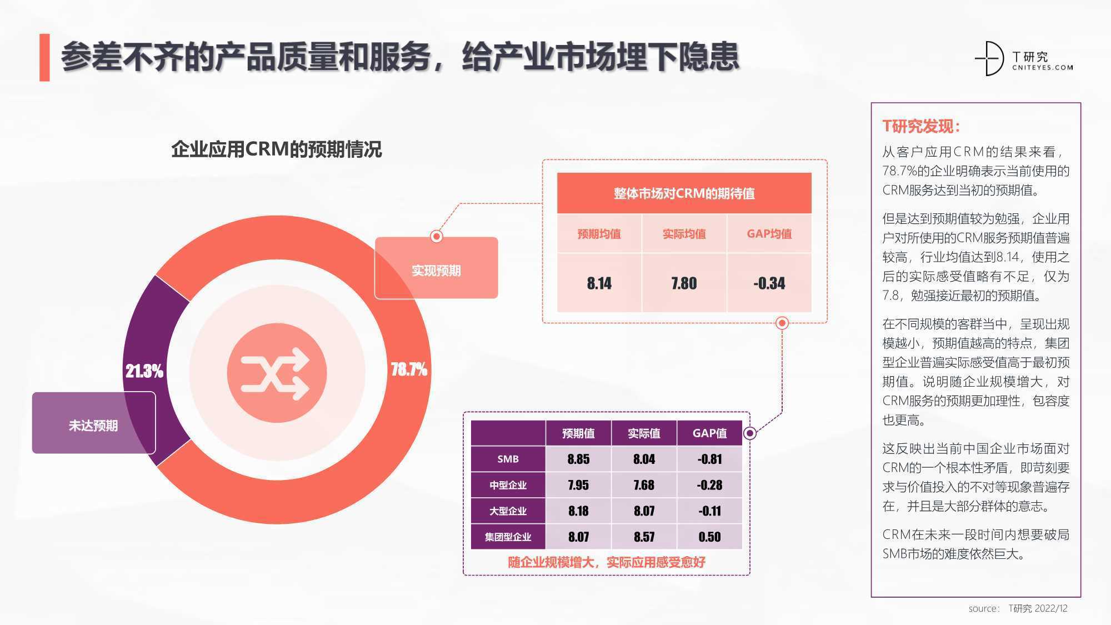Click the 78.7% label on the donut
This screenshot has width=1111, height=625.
tap(409, 369)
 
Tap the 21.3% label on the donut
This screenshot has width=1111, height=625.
tap(144, 371)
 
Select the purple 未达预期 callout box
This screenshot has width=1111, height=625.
tap(94, 423)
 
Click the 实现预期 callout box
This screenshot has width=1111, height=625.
tap(436, 268)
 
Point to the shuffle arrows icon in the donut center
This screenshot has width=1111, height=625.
tap(276, 373)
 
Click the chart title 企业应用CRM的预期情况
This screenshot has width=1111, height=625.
tap(276, 149)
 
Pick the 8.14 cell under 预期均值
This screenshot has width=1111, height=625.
tap(599, 283)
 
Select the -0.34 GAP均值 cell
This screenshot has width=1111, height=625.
tap(769, 283)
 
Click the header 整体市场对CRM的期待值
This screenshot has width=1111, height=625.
tap(684, 193)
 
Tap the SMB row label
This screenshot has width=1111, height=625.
tap(508, 459)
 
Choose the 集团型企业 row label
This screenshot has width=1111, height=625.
tap(508, 537)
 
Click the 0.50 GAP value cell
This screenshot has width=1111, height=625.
tap(709, 537)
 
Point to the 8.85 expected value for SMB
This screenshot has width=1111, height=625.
tap(578, 459)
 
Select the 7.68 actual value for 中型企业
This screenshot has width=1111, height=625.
tap(644, 485)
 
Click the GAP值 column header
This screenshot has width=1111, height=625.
tap(709, 433)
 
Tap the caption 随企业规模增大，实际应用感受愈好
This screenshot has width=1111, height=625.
tap(607, 562)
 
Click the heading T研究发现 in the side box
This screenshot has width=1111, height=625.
tap(922, 126)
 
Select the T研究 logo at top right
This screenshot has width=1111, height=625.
tap(1024, 58)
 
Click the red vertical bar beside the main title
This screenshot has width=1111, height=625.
tap(44, 58)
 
